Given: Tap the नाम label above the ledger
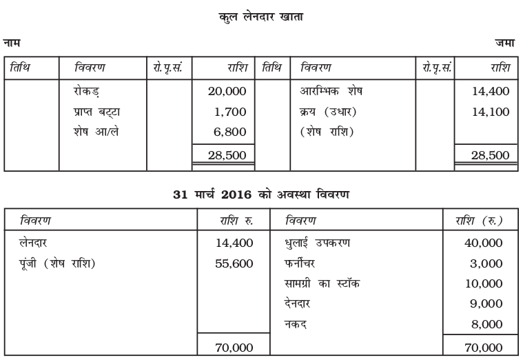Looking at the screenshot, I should point(11,43).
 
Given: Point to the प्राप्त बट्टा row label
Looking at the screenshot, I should point(98,111).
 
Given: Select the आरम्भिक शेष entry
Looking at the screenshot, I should point(331,90).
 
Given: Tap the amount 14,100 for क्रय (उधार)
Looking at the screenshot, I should point(490,111).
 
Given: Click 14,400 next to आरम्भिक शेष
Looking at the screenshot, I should point(490,90).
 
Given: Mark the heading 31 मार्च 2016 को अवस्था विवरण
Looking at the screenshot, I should point(261,194).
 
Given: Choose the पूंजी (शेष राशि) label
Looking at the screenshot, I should point(58,263).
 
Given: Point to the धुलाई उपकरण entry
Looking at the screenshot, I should point(318,243).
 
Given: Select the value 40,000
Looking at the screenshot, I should point(483,243).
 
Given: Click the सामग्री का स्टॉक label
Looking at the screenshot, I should point(322,283).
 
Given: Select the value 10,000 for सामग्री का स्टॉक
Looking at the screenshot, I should point(483,283).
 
